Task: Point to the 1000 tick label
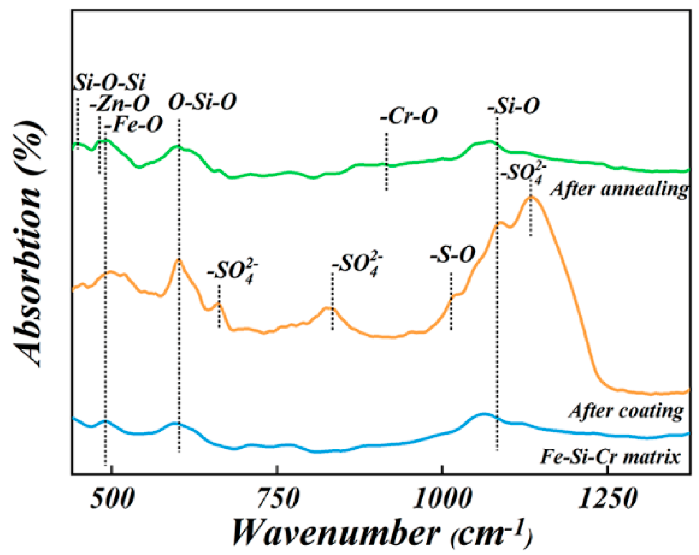click(441, 499)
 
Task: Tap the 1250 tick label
click(607, 499)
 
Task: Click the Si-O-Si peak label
click(109, 82)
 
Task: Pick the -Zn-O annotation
click(120, 104)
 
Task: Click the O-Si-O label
click(202, 102)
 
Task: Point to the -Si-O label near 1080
click(514, 106)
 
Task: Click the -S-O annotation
click(453, 255)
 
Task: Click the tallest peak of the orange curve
click(531, 197)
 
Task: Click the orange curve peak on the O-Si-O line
click(179, 260)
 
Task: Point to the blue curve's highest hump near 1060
click(483, 414)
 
